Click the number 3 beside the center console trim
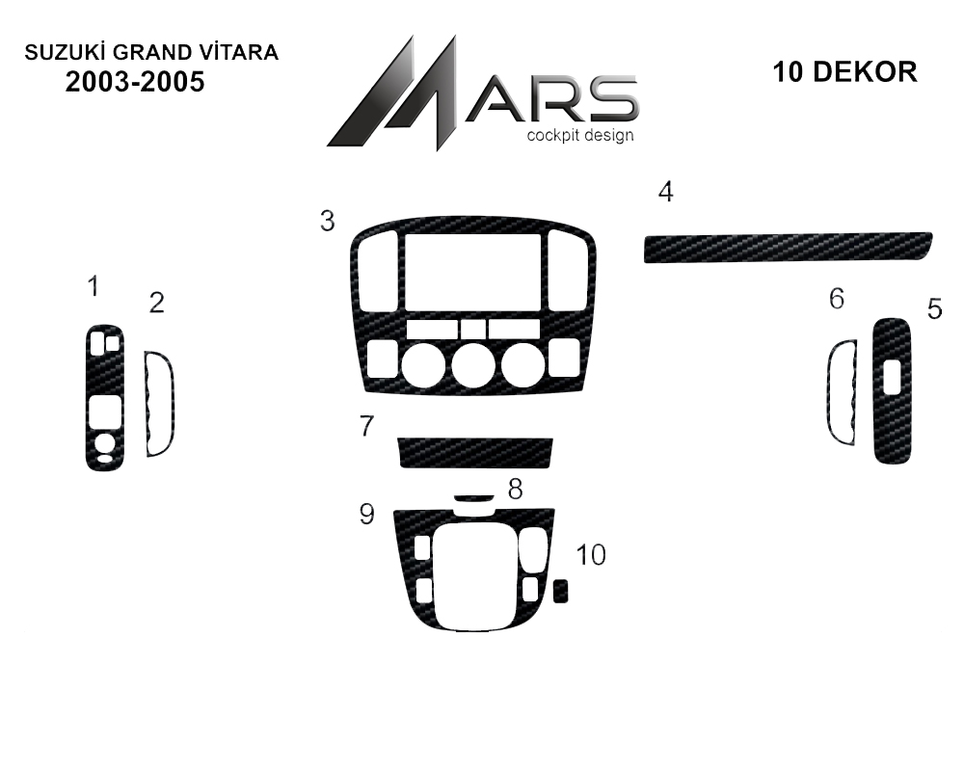tap(327, 221)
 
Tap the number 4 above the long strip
tap(666, 192)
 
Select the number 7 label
tap(366, 425)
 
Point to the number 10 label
tap(591, 554)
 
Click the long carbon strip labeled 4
tap(789, 247)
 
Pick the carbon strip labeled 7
tap(475, 453)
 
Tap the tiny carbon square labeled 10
tap(560, 592)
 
